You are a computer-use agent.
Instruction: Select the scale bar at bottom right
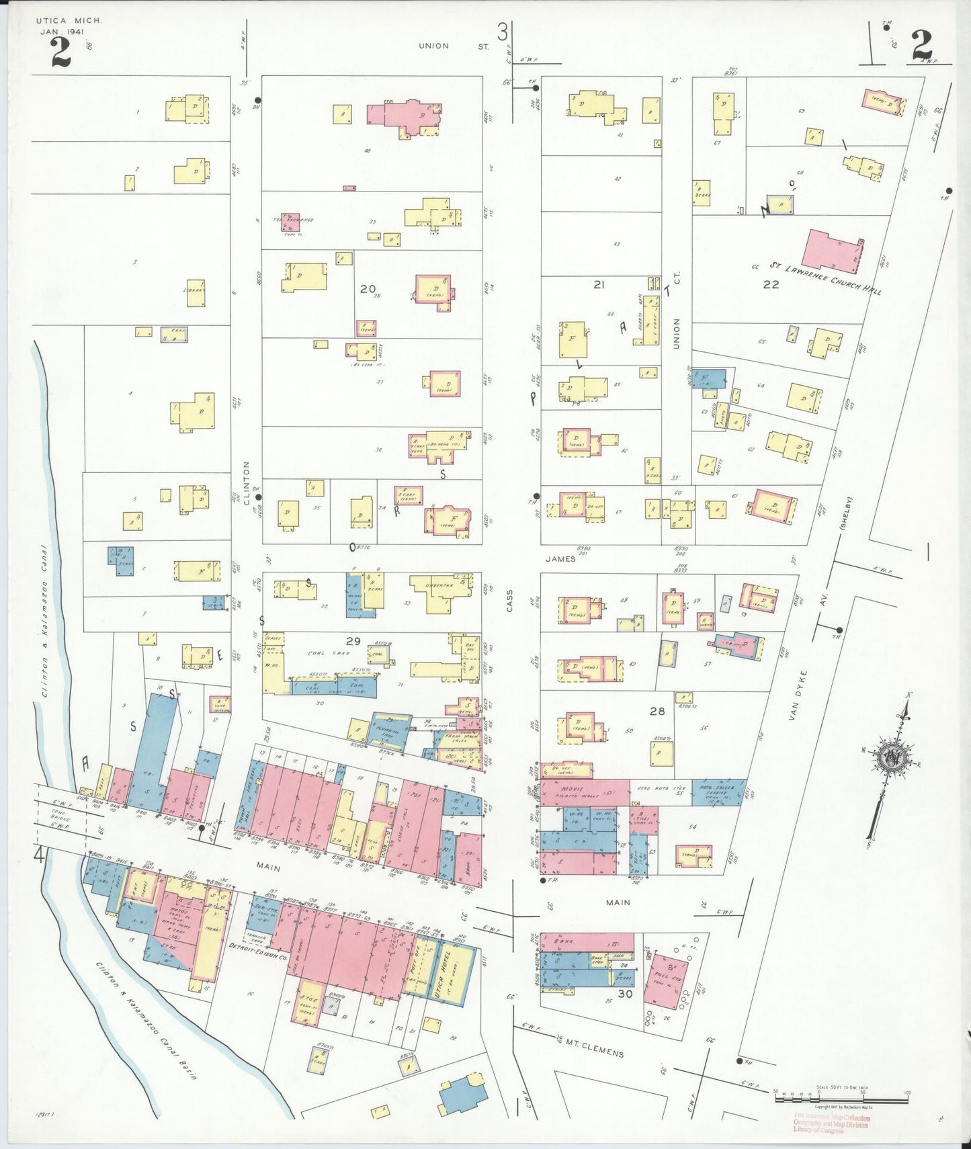(x=841, y=1101)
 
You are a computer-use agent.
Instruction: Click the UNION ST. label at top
(x=454, y=46)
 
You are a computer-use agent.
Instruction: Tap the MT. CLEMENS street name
(x=594, y=1048)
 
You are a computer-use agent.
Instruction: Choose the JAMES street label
(x=560, y=558)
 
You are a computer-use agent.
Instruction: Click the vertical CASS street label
(x=509, y=603)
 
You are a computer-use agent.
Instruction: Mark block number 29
(x=353, y=641)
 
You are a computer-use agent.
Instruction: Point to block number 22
(x=771, y=284)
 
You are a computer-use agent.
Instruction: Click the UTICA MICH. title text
(x=69, y=22)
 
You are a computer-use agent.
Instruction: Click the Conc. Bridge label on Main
(x=61, y=816)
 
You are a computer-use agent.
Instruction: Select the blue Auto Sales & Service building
(x=718, y=792)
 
